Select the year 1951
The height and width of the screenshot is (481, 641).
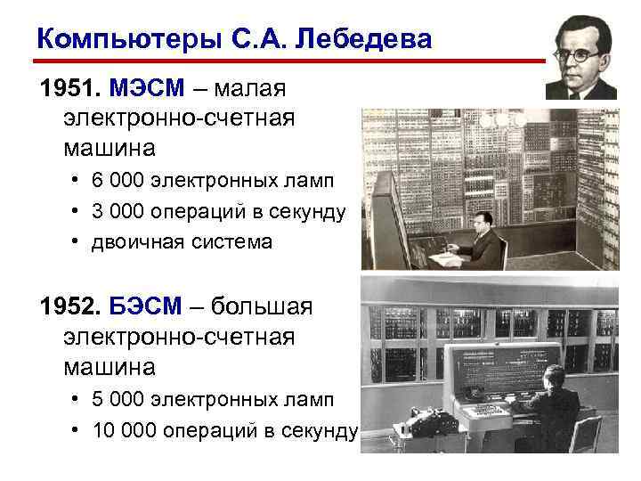coord(69,89)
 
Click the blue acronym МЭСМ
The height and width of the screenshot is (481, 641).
coord(148,89)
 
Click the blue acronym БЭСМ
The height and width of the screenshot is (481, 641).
coord(147,307)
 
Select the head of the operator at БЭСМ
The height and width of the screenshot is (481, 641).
coord(544,371)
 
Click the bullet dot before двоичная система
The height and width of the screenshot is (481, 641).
coord(76,242)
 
